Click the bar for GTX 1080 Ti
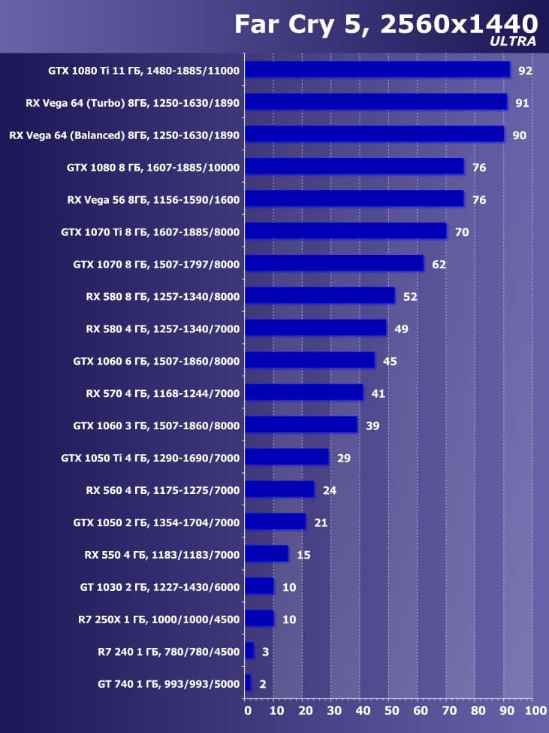[377, 70]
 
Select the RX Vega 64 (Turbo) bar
[376, 102]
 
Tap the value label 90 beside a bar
[519, 135]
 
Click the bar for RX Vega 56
[354, 199]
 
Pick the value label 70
[461, 232]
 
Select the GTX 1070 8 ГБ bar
[334, 264]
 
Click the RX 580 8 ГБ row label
[162, 296]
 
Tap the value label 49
[400, 329]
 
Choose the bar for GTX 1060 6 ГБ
[309, 361]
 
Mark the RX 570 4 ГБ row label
[162, 393]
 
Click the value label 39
[373, 426]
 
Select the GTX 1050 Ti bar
[287, 457]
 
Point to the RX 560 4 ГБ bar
[279, 489]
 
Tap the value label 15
[303, 555]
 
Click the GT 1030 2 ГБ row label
[159, 587]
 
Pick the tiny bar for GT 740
[248, 683]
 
